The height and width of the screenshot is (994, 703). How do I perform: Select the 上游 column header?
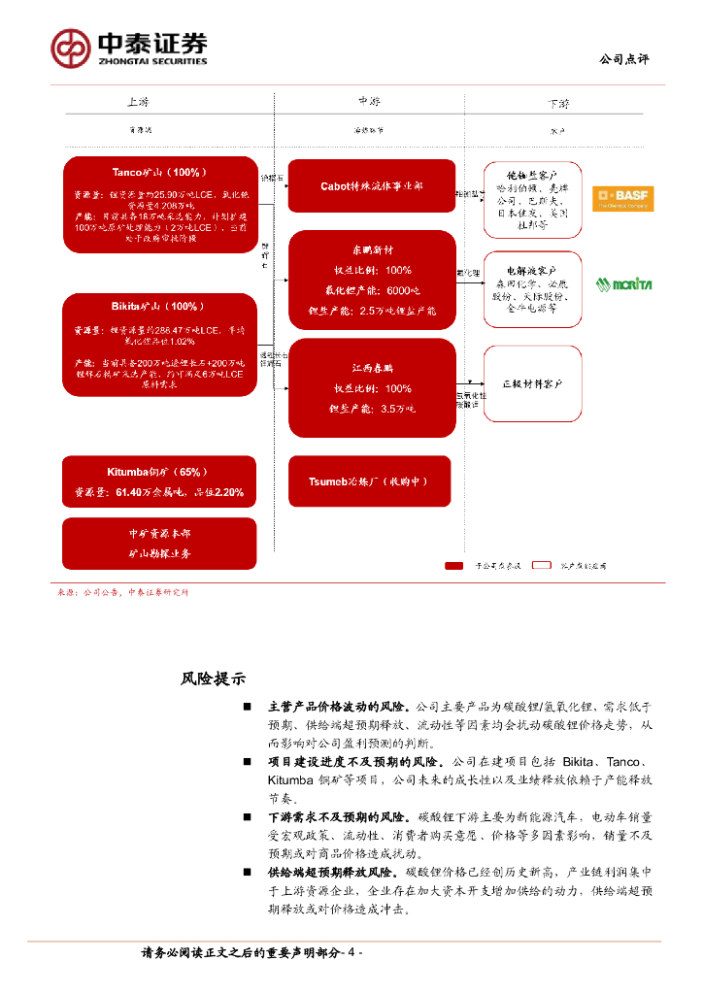[138, 102]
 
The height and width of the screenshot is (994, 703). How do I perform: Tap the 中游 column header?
[369, 101]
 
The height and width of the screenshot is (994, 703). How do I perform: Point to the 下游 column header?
[558, 103]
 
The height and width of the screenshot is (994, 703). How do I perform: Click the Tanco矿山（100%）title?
[159, 172]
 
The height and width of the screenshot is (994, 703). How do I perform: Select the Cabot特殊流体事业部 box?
[372, 185]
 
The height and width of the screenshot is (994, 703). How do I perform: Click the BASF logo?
[622, 198]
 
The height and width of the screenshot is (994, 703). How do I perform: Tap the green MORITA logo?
[623, 284]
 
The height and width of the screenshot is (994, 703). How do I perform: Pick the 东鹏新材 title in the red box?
[372, 248]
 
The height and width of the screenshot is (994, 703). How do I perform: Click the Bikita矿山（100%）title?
[159, 306]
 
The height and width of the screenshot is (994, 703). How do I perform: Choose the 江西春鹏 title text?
[372, 368]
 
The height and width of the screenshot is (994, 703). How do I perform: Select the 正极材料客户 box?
[532, 383]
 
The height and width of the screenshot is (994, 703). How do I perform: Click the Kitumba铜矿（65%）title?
[159, 472]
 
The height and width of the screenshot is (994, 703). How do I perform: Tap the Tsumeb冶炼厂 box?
[372, 481]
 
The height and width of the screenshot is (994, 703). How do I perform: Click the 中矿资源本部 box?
[159, 544]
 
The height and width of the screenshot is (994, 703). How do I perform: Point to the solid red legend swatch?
[454, 565]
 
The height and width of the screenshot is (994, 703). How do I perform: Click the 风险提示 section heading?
[214, 679]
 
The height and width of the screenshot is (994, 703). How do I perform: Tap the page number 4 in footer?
[351, 954]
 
